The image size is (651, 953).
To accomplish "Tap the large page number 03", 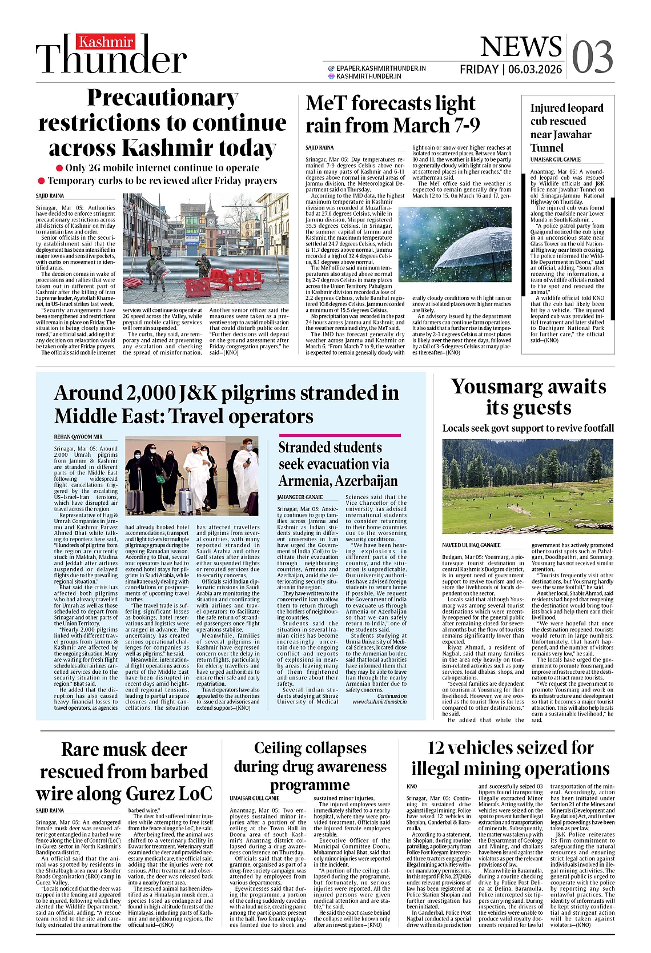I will click(x=592, y=57).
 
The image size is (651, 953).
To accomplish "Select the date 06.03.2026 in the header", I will click(x=535, y=70).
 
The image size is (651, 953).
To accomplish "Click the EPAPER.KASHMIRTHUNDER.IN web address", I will click(x=381, y=68).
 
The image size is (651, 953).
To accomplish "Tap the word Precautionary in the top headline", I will click(x=163, y=98).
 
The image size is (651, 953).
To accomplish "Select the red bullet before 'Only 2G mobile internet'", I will click(x=59, y=168).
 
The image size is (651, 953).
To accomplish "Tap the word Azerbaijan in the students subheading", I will click(x=366, y=481).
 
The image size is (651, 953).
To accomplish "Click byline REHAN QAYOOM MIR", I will click(x=78, y=437).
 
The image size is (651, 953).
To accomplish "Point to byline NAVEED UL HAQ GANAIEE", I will click(x=471, y=545).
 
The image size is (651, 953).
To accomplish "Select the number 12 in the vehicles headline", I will click(x=438, y=747).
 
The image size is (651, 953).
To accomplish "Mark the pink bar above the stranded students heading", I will click(x=339, y=435).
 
